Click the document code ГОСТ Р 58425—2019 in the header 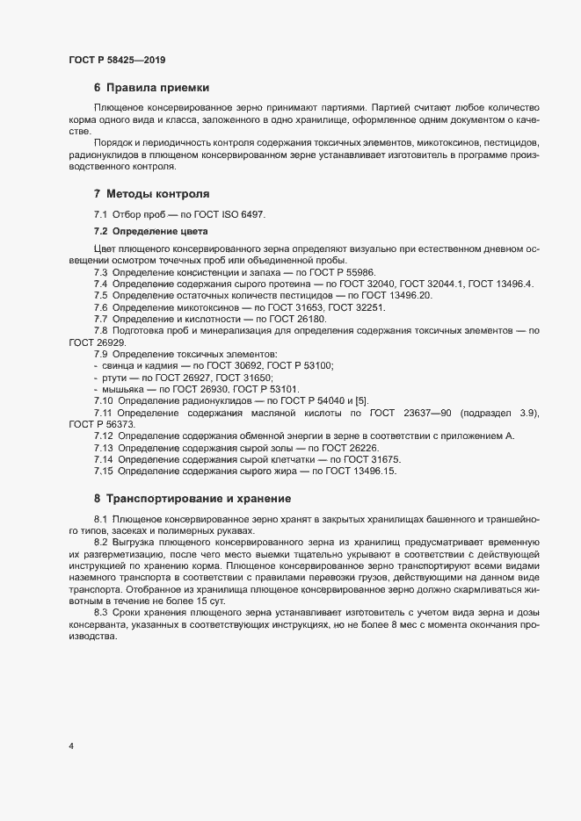coord(117,60)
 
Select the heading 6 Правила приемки coord(149,88)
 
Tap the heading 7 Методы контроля coord(151,193)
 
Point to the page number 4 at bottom coord(71,746)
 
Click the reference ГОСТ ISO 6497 coord(236,215)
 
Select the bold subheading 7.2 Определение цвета coord(150,231)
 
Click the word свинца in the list coord(118,364)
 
